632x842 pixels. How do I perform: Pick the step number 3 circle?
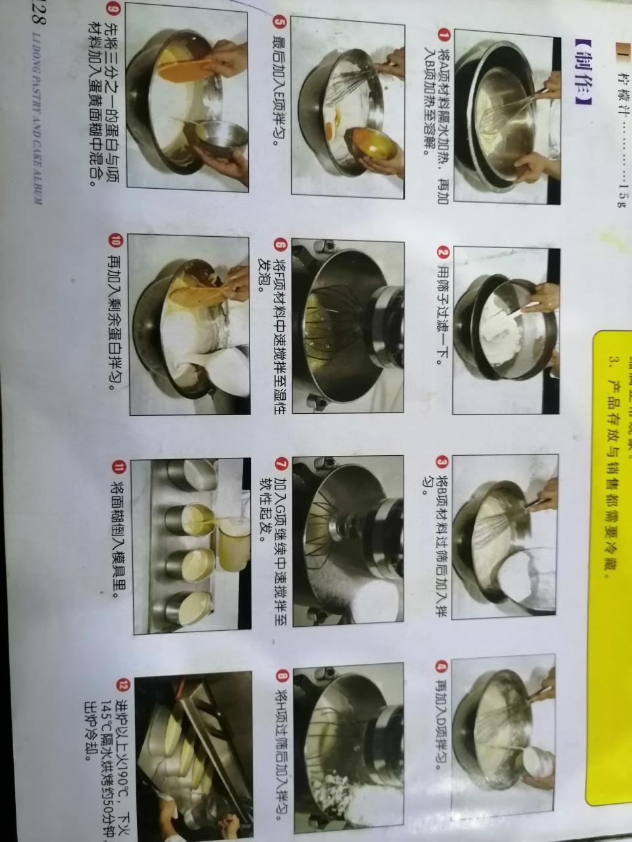[442, 462]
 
